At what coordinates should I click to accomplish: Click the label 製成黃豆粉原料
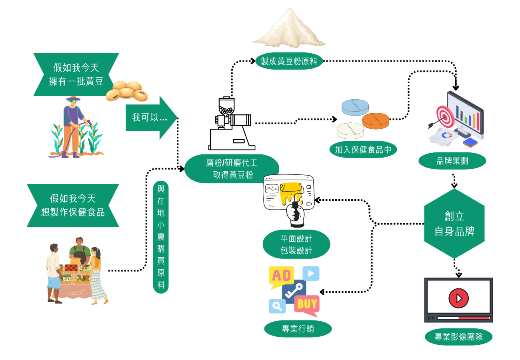289,61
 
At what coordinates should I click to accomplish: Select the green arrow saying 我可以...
151,118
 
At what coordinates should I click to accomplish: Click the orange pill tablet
376,121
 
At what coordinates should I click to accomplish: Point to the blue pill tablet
355,107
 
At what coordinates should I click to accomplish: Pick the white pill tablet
350,131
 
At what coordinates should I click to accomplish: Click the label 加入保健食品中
363,150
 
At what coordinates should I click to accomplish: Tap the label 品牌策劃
452,161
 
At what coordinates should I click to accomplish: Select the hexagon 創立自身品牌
454,224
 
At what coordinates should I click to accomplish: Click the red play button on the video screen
458,298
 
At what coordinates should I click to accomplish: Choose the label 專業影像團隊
459,336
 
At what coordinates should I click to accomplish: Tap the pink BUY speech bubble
307,305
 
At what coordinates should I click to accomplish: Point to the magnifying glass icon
277,306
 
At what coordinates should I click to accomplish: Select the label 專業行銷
298,329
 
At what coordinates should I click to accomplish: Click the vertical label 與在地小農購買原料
161,237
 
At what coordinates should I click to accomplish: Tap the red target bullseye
446,116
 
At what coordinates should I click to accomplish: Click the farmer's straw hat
73,99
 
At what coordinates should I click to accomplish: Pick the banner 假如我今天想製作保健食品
73,206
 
